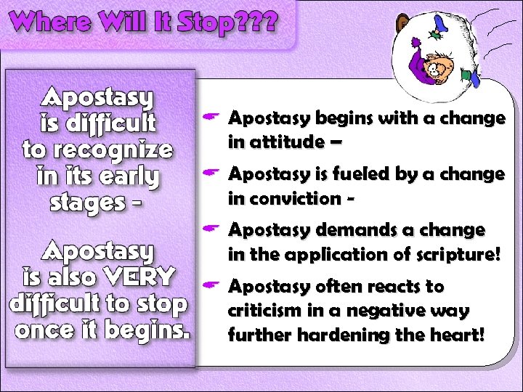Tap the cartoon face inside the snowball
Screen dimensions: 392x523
439,68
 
